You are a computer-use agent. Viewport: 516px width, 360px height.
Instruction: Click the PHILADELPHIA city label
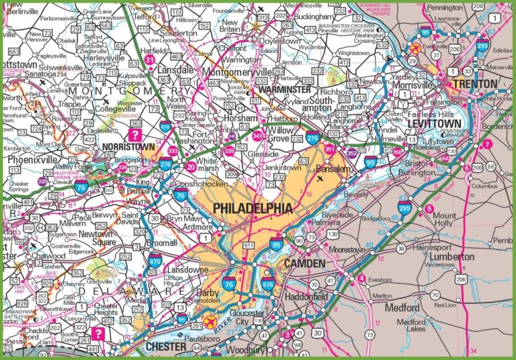tap(253, 209)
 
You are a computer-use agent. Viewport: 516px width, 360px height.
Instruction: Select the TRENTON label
tap(475, 84)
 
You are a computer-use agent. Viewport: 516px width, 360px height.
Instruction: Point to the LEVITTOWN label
tap(435, 124)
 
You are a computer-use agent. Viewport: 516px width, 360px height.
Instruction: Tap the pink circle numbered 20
tap(191, 167)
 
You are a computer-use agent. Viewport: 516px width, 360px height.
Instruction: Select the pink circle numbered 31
tap(150, 60)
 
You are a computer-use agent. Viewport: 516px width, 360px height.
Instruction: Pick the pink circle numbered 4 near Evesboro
tap(361, 278)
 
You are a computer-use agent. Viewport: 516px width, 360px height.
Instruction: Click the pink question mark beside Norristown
tap(137, 134)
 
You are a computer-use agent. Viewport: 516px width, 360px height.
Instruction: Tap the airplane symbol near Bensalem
tap(320, 179)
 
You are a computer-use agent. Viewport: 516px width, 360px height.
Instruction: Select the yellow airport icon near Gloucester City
tap(214, 320)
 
